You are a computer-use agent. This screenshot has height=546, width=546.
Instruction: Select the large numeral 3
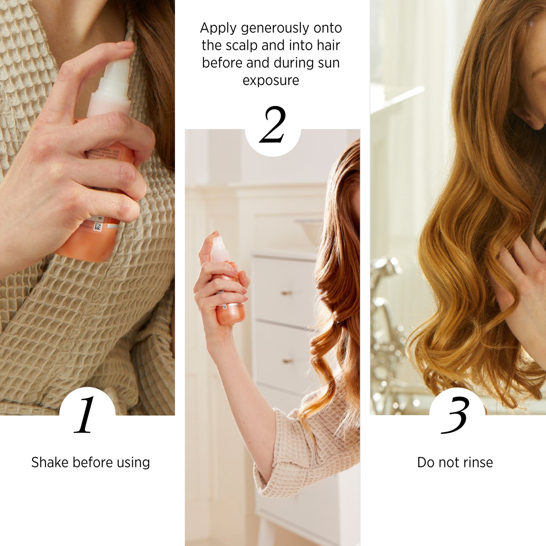coord(454,415)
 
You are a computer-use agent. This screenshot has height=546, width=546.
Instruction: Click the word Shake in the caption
coord(50,462)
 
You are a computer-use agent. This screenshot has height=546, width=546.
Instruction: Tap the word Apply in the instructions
coord(218,29)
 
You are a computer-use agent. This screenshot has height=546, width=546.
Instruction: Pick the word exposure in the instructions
coord(271,80)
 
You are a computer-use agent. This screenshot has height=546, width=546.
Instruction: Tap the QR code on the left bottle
coord(98,226)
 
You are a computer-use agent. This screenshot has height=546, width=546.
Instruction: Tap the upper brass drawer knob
coord(286,292)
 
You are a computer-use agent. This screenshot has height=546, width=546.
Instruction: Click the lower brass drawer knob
coord(288,361)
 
